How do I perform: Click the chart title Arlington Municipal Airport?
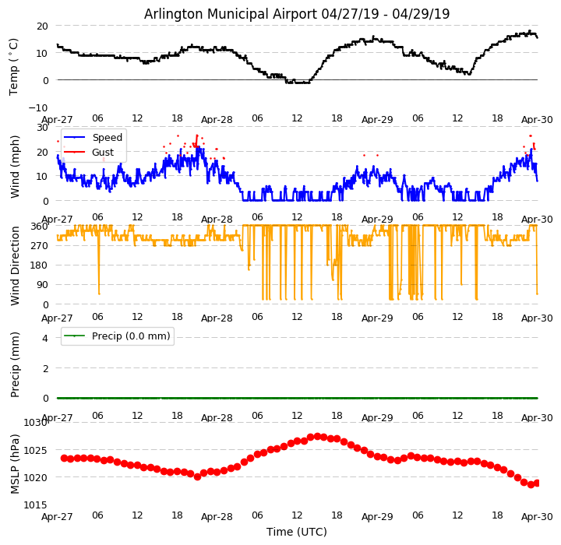click(297, 14)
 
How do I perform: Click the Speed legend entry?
click(107, 138)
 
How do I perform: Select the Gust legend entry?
click(102, 153)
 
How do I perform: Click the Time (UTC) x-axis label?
click(297, 532)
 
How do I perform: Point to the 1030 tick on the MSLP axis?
click(36, 423)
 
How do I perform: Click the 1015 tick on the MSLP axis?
click(36, 505)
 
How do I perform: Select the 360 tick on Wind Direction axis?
click(41, 227)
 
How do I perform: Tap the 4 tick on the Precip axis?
click(44, 338)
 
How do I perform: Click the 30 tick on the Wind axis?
click(42, 127)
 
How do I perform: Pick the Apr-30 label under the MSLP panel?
click(537, 516)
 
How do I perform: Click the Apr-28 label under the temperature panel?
click(217, 120)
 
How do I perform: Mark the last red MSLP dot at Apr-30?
click(537, 483)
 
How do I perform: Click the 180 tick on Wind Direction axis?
click(41, 265)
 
